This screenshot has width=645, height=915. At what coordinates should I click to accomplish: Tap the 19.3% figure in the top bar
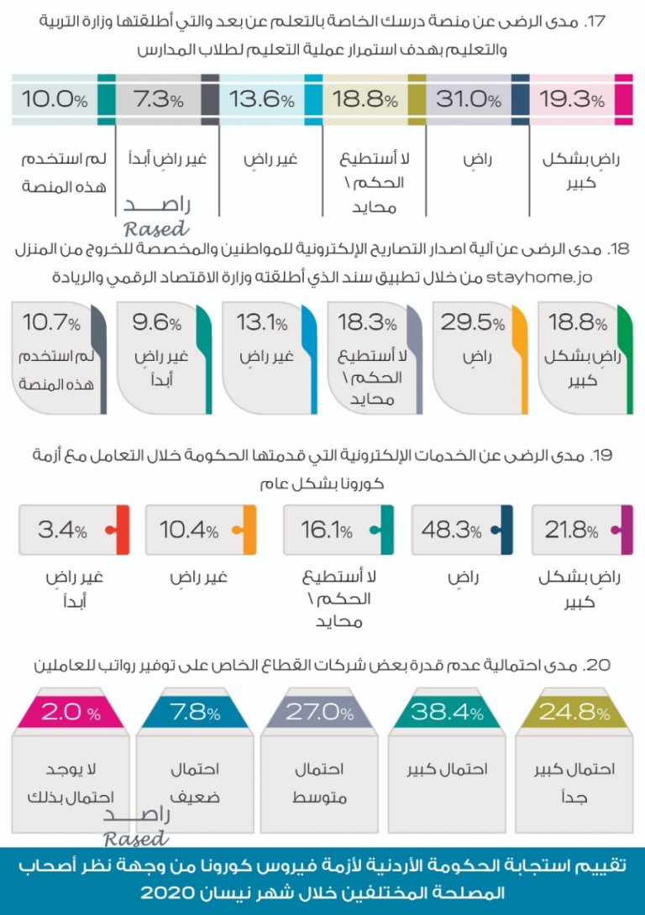tap(571, 100)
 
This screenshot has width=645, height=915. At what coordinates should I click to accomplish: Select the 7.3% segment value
tap(159, 100)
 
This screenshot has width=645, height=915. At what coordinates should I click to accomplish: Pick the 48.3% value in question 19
tap(454, 531)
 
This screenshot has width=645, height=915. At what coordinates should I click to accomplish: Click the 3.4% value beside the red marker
tap(62, 531)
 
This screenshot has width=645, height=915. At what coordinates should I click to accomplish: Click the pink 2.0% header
tap(71, 713)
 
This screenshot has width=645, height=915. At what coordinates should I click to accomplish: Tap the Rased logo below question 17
tap(156, 217)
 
